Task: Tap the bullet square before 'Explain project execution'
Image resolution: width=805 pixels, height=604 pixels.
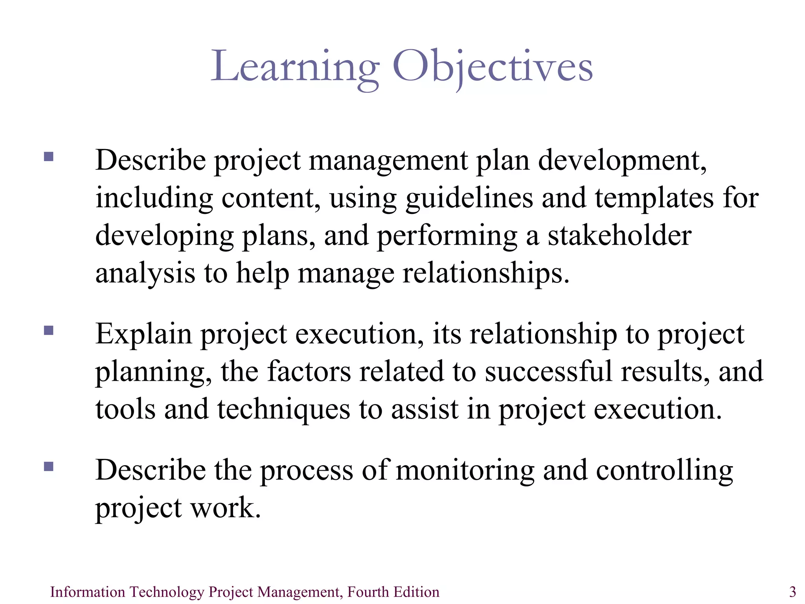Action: pos(49,330)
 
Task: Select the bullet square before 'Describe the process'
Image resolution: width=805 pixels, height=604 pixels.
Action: pos(49,466)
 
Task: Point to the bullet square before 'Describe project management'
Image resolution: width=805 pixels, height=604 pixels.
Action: pos(49,157)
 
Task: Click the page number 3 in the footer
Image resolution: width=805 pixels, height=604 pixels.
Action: pos(792,591)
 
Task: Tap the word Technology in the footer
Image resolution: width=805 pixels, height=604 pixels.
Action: pos(167,592)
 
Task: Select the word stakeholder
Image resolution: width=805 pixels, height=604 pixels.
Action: pos(619,236)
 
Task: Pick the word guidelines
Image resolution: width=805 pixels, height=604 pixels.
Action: pos(469,199)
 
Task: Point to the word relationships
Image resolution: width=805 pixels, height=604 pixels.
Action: pos(486,274)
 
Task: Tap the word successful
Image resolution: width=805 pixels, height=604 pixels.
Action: pos(548,372)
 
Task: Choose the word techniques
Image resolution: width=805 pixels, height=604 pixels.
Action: pos(283,410)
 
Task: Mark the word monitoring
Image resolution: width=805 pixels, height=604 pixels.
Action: pos(465,471)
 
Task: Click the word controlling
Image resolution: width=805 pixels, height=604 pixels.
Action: pos(664,471)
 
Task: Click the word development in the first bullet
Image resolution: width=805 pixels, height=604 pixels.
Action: pos(622,161)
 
